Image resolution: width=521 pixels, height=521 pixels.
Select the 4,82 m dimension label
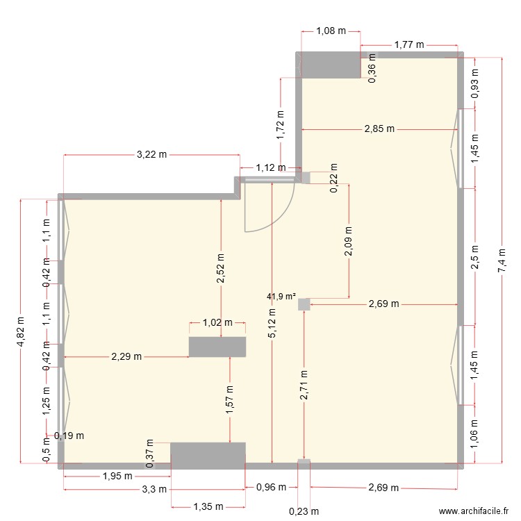coord(22,330)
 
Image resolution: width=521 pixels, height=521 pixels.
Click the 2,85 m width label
coord(379,129)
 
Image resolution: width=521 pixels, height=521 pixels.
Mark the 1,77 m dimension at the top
coord(409,45)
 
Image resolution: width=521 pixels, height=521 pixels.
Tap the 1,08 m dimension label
coord(330,31)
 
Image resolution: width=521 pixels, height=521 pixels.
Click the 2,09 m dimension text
coord(349,242)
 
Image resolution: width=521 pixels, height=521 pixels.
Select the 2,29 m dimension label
coord(126,356)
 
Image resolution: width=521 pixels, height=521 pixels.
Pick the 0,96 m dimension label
coord(272,488)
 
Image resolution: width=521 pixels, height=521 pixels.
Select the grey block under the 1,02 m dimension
coord(217,347)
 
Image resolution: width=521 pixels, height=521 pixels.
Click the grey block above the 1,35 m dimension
coord(208,453)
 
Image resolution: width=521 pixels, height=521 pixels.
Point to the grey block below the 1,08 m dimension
coord(330,65)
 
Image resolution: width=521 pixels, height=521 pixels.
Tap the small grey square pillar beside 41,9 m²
coord(304,304)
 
